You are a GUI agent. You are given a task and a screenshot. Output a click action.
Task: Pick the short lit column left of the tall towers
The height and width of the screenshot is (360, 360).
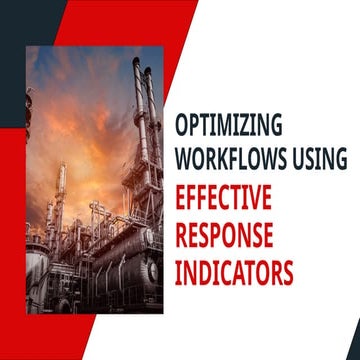tap(63, 185)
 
